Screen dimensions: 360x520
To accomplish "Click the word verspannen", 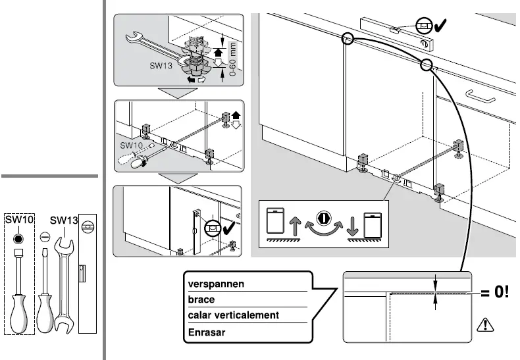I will click(x=216, y=284).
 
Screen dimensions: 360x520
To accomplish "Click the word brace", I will click(x=201, y=299).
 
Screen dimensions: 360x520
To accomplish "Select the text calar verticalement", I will click(x=234, y=315).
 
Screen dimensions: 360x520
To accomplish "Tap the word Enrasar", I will click(x=207, y=332).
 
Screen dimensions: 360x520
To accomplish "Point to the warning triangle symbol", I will click(x=485, y=324).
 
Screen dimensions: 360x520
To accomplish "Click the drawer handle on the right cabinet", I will click(x=479, y=95).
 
